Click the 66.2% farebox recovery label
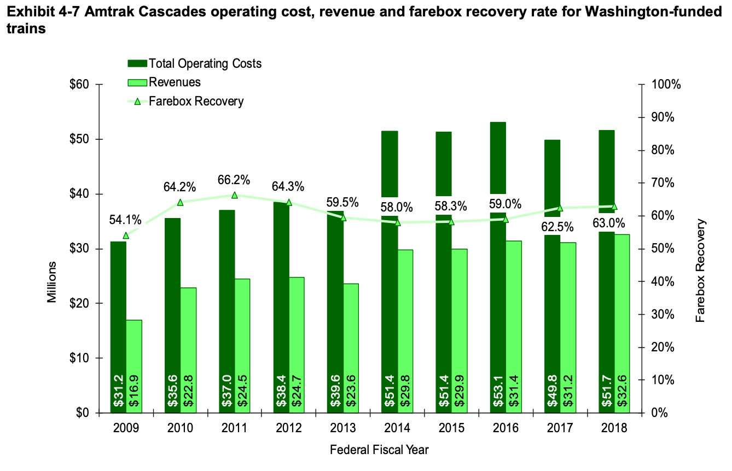[x=234, y=180]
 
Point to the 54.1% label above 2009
[x=125, y=220]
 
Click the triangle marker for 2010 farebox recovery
[x=180, y=202]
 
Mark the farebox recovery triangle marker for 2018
[x=614, y=207]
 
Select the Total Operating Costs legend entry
[x=195, y=63]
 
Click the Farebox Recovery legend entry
[x=186, y=101]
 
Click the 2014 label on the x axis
[x=397, y=428]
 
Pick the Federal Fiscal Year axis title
[x=379, y=450]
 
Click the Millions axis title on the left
[x=51, y=282]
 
